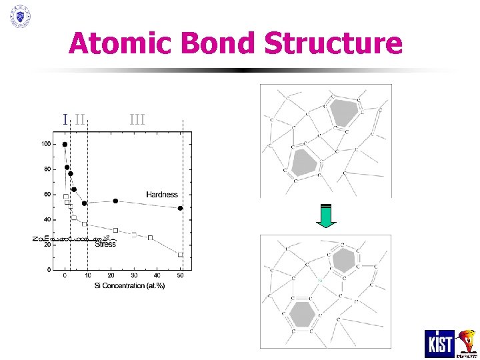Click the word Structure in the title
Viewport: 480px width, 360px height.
[x=333, y=44]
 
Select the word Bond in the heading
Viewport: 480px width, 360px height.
[x=210, y=44]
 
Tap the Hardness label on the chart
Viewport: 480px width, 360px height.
[x=162, y=195]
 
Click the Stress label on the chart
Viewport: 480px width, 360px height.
[x=105, y=244]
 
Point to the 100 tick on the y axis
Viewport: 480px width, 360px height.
[x=45, y=144]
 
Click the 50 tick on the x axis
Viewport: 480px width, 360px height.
[x=181, y=275]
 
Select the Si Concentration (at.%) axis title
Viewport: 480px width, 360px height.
[x=128, y=285]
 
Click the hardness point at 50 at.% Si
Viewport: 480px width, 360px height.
[x=181, y=208]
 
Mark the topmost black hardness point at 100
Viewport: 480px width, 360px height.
[x=65, y=144]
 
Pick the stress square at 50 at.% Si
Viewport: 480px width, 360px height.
[x=181, y=255]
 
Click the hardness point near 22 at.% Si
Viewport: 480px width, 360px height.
[x=115, y=201]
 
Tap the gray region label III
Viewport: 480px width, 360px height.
[x=137, y=119]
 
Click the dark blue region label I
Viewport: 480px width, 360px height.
[x=65, y=119]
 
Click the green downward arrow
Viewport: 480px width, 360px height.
[x=326, y=215]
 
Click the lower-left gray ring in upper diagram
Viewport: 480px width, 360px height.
[x=304, y=162]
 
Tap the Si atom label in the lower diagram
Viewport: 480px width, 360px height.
[x=320, y=281]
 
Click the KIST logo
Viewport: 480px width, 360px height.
[x=439, y=343]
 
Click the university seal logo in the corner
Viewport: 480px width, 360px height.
[x=20, y=16]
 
